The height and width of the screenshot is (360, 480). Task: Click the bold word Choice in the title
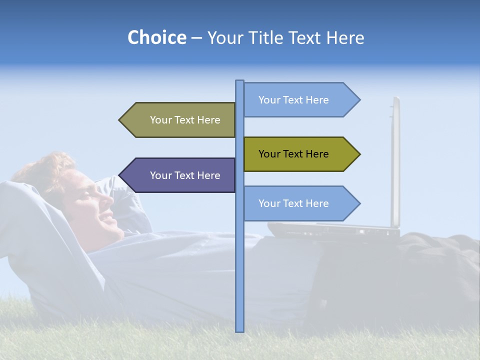156,37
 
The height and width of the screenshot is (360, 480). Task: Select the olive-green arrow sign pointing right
300,154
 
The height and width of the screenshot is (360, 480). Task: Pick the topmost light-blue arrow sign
300,99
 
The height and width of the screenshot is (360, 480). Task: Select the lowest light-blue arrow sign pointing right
300,203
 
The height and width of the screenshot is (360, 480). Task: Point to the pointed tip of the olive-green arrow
359,154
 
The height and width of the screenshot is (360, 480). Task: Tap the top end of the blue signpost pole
239,81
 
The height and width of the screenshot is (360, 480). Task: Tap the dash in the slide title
196,38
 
